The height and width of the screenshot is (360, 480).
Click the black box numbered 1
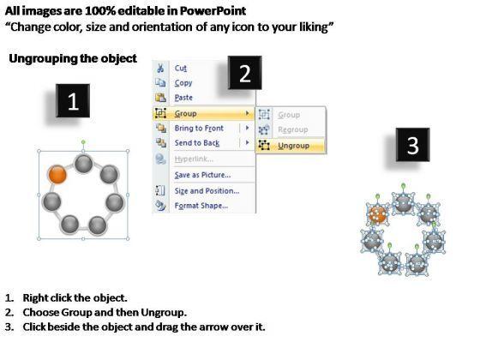pos(73,101)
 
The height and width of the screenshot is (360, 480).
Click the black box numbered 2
pos(245,73)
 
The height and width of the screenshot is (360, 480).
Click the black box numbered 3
pos(412,145)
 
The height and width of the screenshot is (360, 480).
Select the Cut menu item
pos(181,68)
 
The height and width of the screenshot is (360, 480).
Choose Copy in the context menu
pos(183,82)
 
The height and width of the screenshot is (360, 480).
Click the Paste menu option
pos(183,98)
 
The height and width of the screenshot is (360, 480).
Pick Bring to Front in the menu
pos(199,128)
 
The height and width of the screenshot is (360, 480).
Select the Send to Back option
pos(197,142)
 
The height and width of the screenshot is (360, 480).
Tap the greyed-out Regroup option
pos(292,129)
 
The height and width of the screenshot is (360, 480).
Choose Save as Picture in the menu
pos(202,175)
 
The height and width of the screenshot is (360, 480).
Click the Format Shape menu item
pos(201,206)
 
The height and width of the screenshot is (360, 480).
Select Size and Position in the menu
pos(207,190)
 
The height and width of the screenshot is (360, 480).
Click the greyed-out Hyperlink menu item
pos(194,159)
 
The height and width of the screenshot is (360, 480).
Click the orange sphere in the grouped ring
pos(57,175)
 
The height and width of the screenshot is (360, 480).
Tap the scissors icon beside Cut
pos(160,68)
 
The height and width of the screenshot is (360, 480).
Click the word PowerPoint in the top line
pos(213,11)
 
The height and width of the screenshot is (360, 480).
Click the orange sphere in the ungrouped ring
pos(378,214)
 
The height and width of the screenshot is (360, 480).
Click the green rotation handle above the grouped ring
pos(83,142)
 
